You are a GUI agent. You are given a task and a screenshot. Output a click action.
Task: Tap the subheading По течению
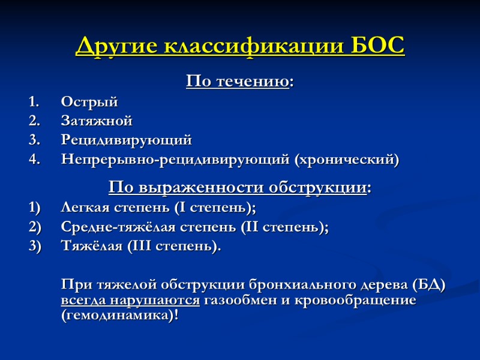[x=239, y=81]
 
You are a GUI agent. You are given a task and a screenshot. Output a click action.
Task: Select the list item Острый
[x=89, y=102]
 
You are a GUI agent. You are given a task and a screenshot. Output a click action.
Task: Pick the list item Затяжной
[x=97, y=121]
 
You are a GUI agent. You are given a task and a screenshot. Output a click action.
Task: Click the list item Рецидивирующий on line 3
[x=126, y=140]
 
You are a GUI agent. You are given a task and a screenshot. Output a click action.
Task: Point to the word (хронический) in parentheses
[x=346, y=160]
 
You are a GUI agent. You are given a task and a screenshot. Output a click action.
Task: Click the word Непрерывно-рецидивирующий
[x=175, y=160]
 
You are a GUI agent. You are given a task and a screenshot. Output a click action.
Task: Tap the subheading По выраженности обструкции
[x=239, y=188]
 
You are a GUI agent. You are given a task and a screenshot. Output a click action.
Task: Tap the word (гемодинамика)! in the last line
[x=119, y=315]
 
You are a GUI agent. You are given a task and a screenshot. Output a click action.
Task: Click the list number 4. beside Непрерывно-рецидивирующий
[x=35, y=160]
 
